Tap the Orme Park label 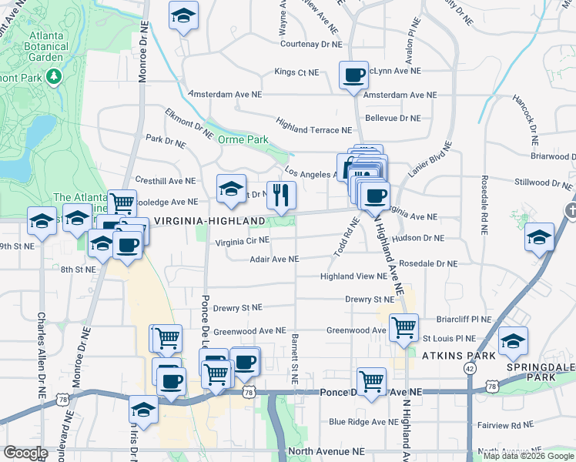(243, 139)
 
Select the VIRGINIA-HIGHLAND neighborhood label (209, 221)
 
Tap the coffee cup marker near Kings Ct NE (353, 75)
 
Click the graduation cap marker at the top (183, 15)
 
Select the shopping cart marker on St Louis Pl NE (404, 328)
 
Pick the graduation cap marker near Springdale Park (513, 341)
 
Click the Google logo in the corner (26, 453)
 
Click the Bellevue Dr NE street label (393, 118)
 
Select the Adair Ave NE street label (274, 259)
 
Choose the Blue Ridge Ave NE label (363, 421)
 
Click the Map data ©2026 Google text (528, 456)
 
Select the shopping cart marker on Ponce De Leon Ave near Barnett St (372, 380)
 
